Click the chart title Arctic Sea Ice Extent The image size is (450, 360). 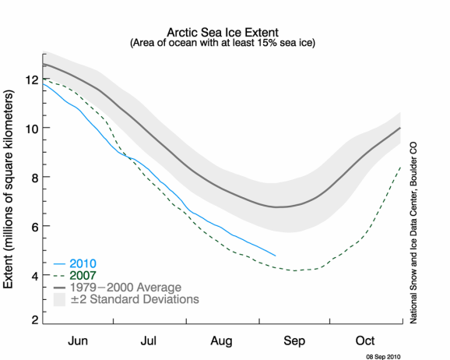tap(223, 32)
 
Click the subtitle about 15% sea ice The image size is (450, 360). tap(223, 43)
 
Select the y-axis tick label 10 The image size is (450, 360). tap(32, 129)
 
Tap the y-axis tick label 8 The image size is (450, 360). tap(35, 178)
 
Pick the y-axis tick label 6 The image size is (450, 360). tap(35, 228)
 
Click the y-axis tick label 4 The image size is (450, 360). tap(35, 277)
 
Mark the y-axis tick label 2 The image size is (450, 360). tap(35, 319)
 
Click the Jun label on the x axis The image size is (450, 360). tap(78, 341)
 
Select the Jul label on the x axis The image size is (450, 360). tap(149, 341)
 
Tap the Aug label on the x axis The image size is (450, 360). tap(221, 341)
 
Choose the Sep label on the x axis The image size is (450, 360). tap(294, 341)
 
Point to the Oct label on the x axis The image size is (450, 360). tap(365, 341)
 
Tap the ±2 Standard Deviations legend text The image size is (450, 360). tap(135, 299)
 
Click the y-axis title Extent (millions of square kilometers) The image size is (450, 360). tap(9, 189)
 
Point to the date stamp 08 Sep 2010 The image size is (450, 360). tap(383, 357)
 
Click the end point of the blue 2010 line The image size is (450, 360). tap(276, 256)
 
